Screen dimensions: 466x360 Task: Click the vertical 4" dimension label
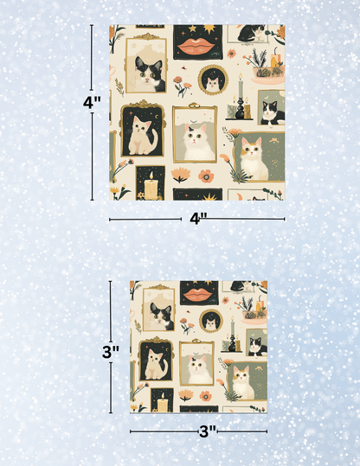(93, 101)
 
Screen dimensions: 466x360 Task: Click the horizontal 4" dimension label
(197, 219)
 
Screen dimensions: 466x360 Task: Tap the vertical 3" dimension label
(110, 352)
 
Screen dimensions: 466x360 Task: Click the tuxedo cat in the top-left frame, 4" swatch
(150, 71)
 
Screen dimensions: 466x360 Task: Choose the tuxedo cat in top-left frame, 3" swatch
(160, 316)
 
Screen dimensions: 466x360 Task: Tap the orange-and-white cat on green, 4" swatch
(252, 156)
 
